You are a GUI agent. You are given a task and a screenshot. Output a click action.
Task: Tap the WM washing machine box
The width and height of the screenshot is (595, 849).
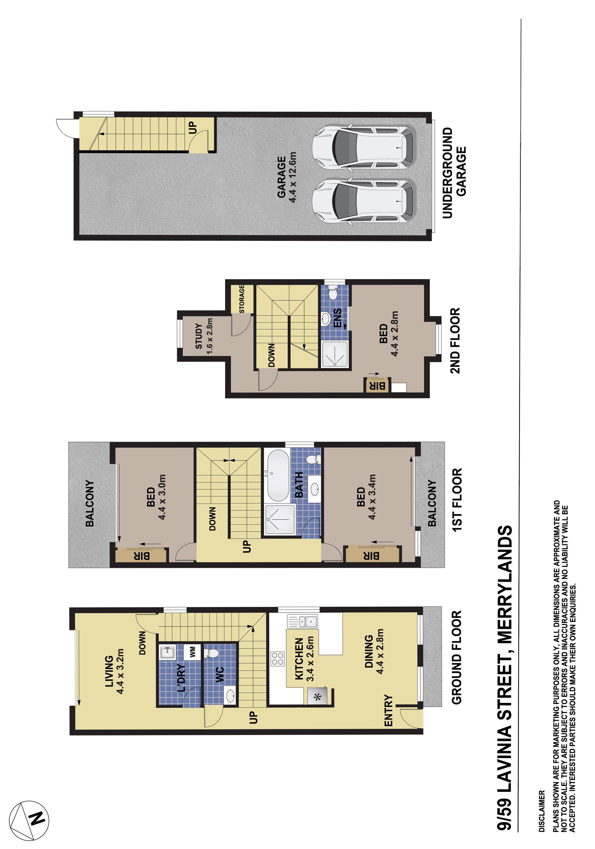point(193,652)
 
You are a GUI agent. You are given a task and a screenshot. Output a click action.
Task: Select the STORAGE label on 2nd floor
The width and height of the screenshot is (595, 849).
point(242,299)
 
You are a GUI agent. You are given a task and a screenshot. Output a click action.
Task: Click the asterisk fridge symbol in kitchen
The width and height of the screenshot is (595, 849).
point(317,697)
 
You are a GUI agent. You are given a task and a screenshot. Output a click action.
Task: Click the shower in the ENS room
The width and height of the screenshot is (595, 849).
point(335,354)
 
